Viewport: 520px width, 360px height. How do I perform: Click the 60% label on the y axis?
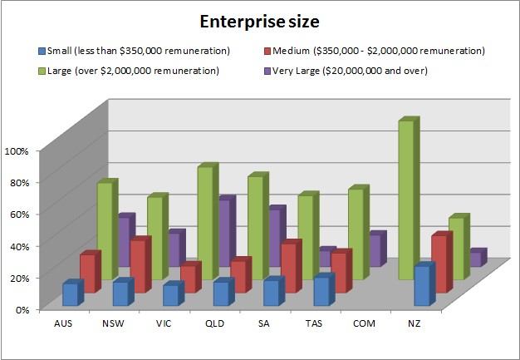pyautogui.click(x=17, y=214)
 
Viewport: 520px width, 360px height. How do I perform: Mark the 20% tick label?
pyautogui.click(x=17, y=277)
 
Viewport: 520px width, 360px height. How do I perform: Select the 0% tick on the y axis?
pyautogui.click(x=20, y=308)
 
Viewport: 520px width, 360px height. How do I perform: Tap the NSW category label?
pyautogui.click(x=114, y=323)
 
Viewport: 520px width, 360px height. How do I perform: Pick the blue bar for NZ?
pyautogui.click(x=424, y=285)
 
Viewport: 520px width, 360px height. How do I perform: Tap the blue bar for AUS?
pyautogui.click(x=71, y=294)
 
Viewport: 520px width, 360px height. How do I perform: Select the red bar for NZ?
pyautogui.click(x=441, y=264)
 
